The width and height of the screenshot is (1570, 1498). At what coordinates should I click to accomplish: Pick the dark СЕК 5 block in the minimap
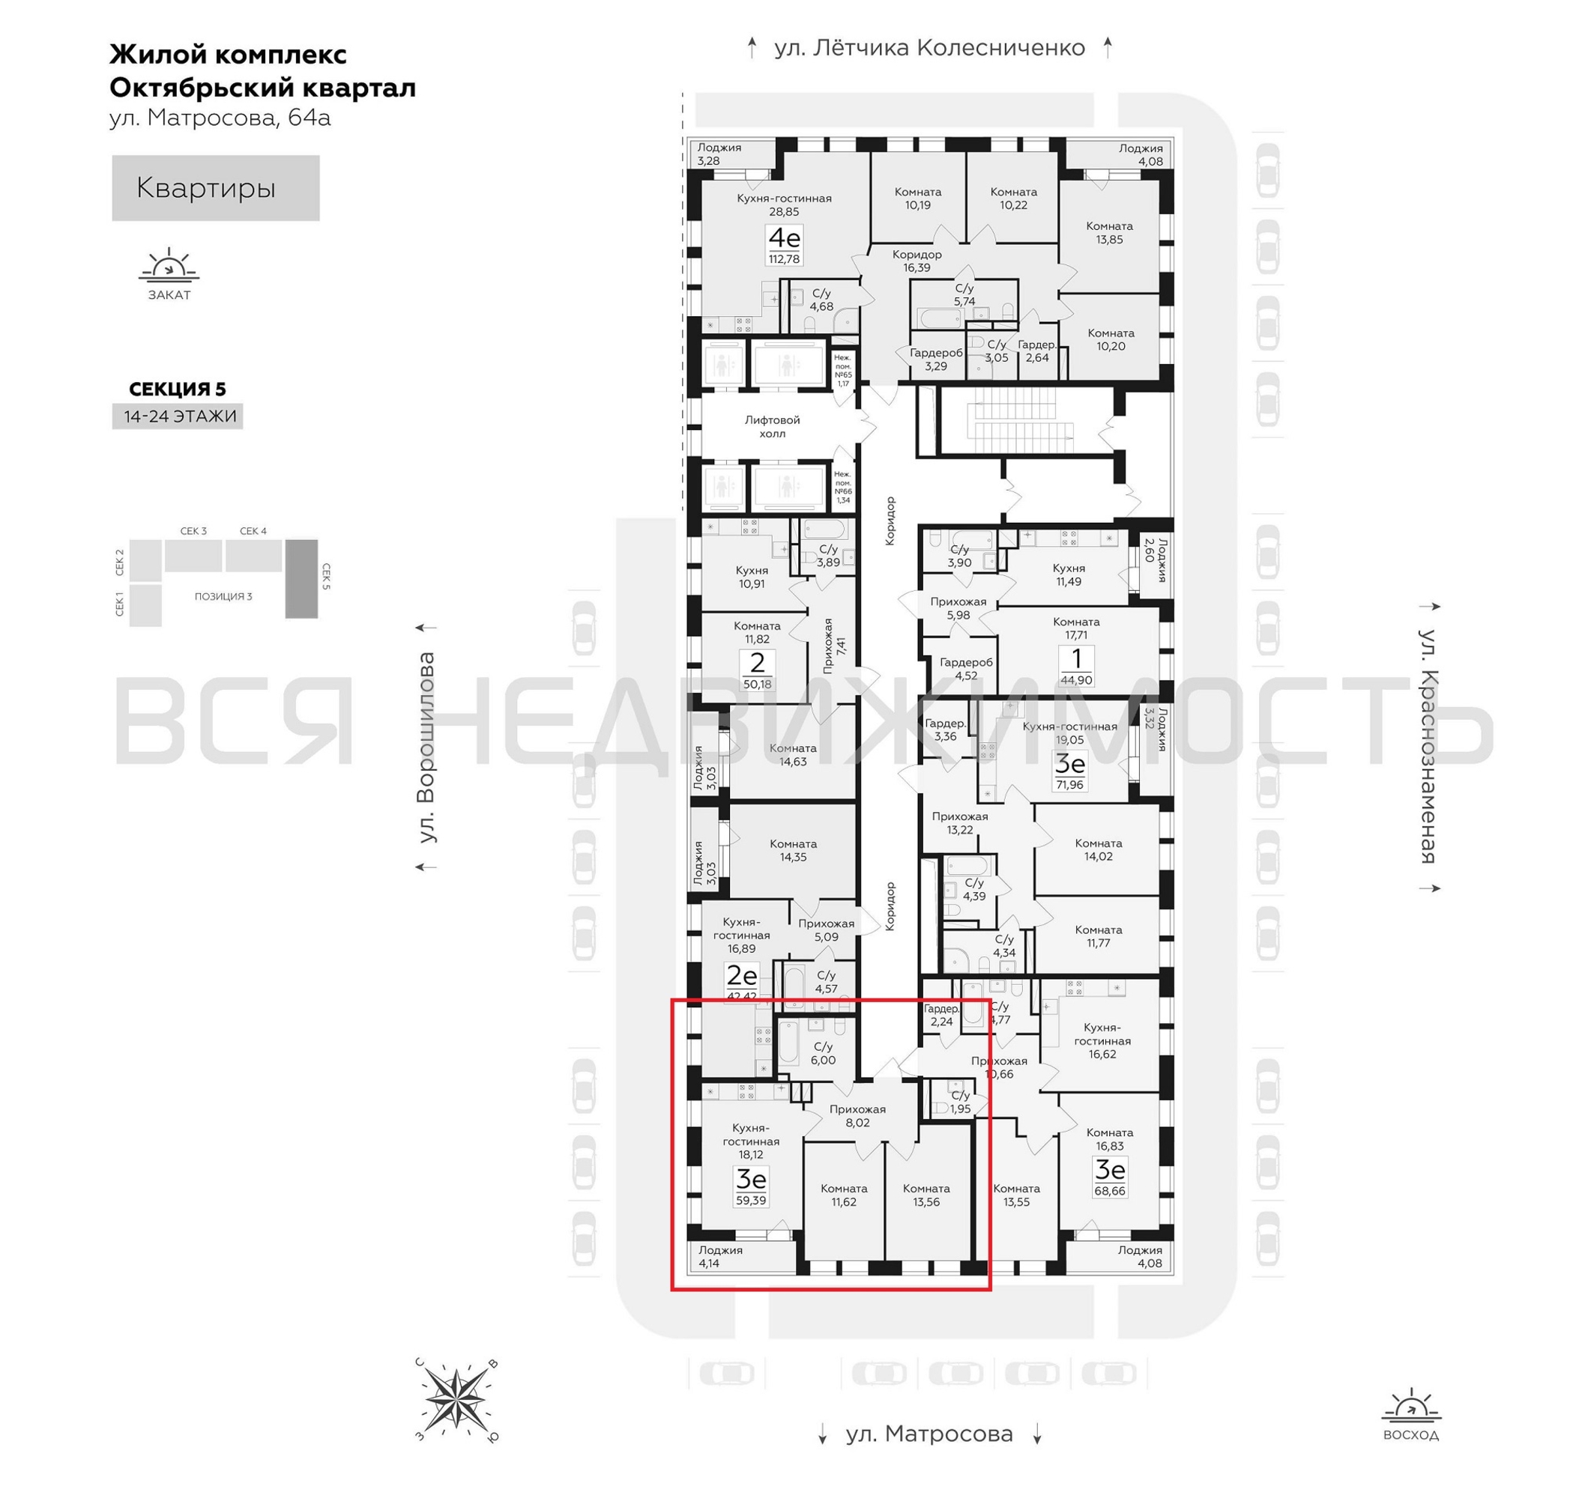click(x=301, y=578)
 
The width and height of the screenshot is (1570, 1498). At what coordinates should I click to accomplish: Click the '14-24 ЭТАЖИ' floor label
click(x=180, y=416)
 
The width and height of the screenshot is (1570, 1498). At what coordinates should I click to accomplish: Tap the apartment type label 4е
click(x=783, y=238)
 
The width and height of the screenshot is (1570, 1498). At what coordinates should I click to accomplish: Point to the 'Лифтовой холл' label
click(x=772, y=426)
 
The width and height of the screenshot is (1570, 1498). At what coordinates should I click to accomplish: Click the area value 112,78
click(x=783, y=258)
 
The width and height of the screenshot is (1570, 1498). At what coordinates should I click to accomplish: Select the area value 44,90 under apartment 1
click(x=1075, y=680)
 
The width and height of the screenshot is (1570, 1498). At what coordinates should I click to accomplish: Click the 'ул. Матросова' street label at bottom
click(x=929, y=1434)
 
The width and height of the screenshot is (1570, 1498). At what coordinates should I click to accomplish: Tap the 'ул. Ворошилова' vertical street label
click(x=427, y=748)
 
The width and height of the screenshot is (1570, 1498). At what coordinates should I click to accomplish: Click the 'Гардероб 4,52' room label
click(x=965, y=668)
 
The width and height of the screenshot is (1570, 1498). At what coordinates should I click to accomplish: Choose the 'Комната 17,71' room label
click(x=1075, y=628)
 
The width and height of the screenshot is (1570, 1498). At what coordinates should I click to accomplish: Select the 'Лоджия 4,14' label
click(x=720, y=1256)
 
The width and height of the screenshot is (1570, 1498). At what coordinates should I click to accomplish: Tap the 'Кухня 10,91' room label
click(x=751, y=577)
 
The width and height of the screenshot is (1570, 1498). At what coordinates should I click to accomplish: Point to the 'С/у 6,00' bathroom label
click(x=822, y=1053)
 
